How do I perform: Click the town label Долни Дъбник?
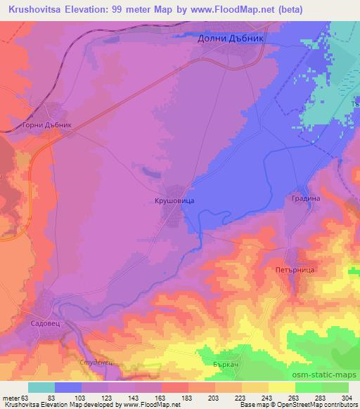coord(231,40)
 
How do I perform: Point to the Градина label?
coord(305,199)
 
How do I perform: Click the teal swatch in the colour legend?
coord(41,387)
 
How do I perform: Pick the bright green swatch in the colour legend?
coord(308,387)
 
